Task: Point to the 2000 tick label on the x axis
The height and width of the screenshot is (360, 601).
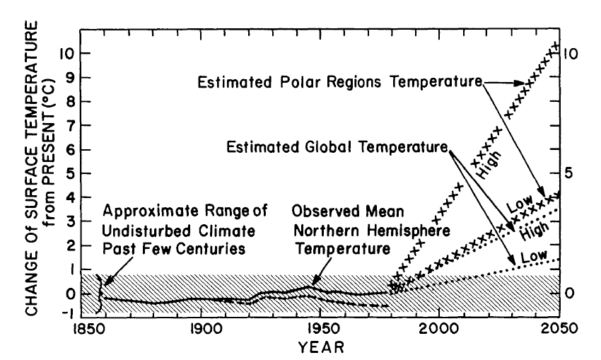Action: point(439,329)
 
